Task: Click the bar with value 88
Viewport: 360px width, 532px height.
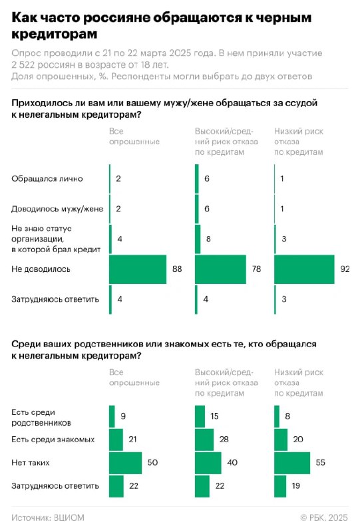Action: (x=138, y=269)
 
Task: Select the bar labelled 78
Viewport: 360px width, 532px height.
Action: (x=220, y=269)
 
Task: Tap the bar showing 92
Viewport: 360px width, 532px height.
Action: (x=304, y=269)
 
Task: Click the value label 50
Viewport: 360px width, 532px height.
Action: (x=152, y=463)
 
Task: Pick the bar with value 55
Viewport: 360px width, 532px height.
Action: (x=292, y=463)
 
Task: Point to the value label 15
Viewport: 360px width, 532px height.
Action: (x=214, y=416)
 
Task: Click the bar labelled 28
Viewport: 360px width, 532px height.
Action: (x=204, y=440)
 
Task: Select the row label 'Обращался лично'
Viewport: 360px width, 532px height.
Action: (x=47, y=179)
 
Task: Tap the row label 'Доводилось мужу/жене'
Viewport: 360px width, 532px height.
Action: (x=57, y=209)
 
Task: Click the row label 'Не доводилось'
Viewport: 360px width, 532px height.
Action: (x=41, y=269)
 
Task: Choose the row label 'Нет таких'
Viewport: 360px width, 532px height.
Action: (x=31, y=463)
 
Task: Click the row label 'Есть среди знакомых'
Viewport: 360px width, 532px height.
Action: (x=53, y=440)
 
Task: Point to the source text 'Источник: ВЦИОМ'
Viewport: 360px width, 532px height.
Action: (x=48, y=518)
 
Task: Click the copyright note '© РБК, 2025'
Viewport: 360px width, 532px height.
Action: (x=324, y=518)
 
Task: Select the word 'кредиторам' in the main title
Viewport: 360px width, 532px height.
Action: (x=55, y=35)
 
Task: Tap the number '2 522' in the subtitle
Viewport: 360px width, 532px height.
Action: (x=23, y=65)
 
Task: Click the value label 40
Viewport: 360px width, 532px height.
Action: (x=232, y=463)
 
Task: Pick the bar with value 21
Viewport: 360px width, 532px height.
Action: (x=116, y=440)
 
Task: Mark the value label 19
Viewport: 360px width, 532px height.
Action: (x=296, y=486)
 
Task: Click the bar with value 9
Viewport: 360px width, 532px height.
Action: (x=112, y=416)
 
